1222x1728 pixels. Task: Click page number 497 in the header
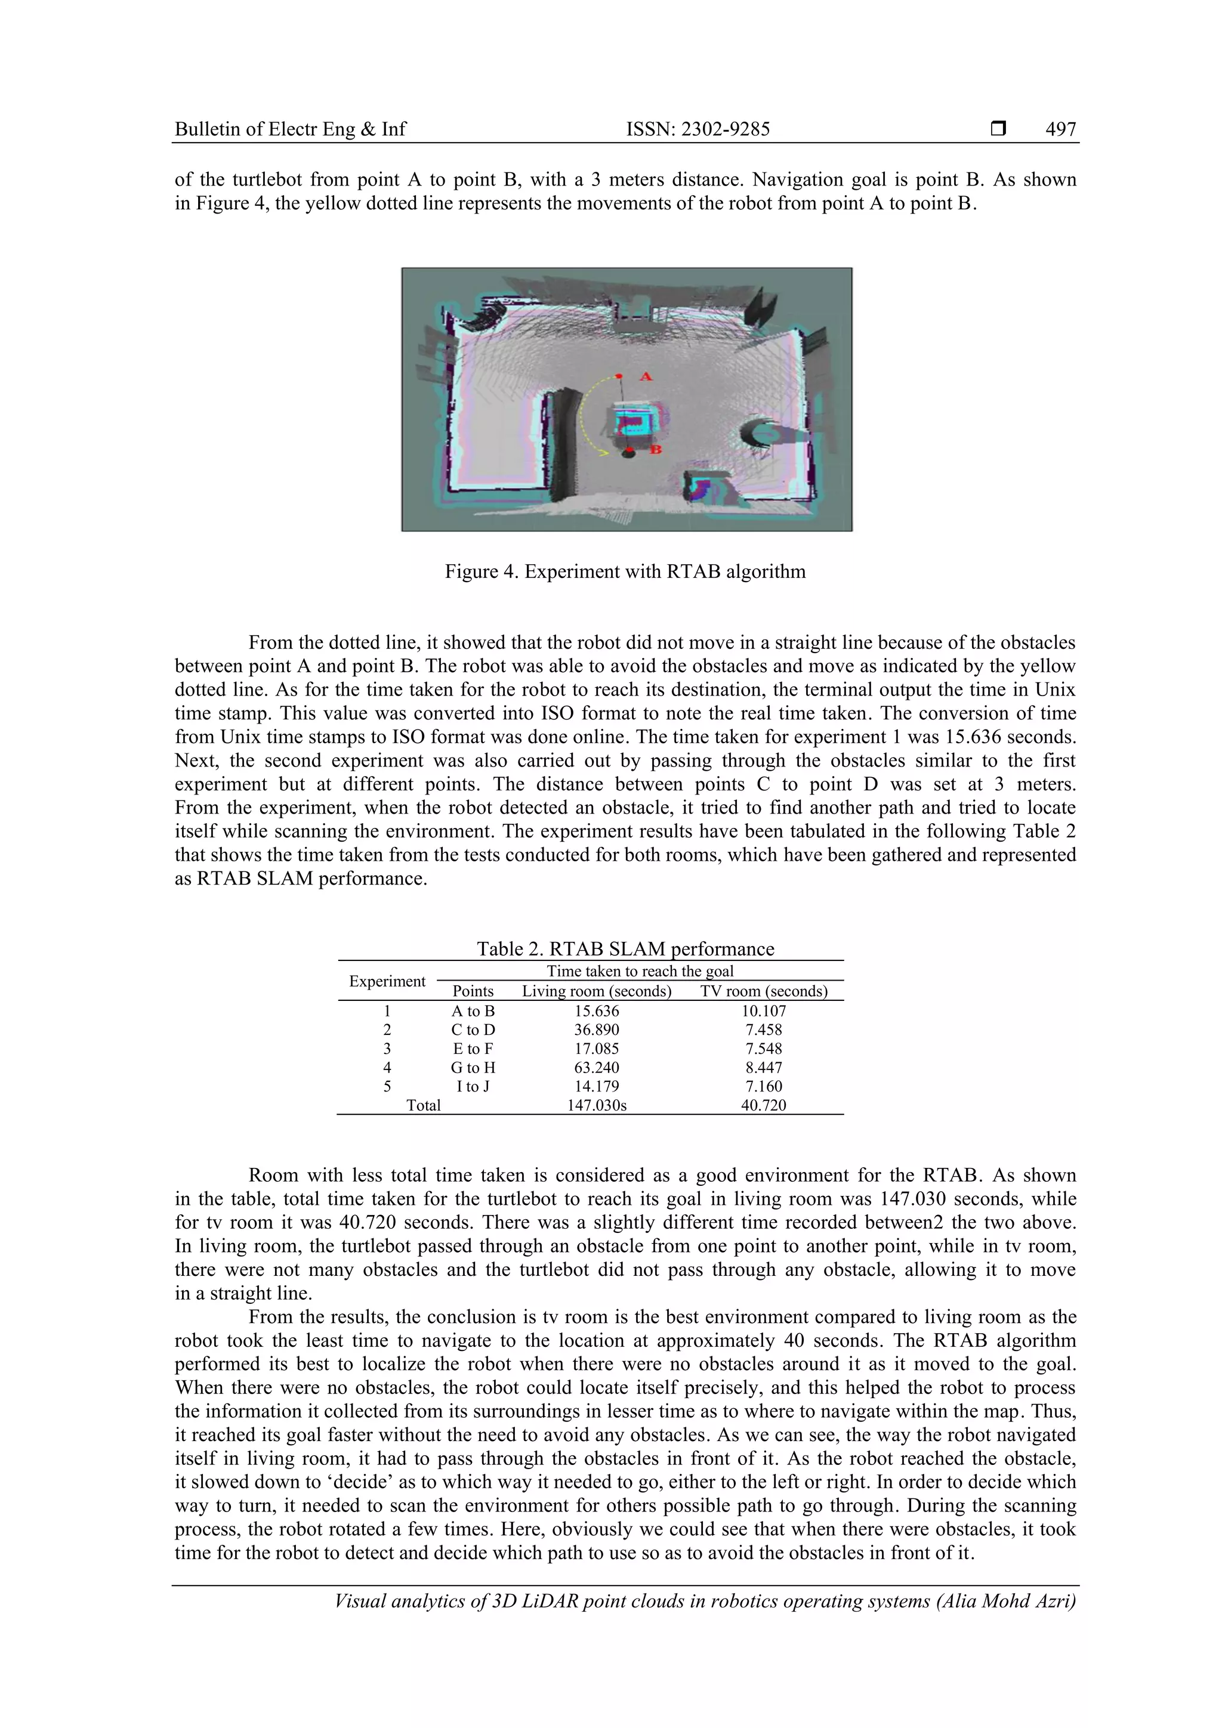coord(1060,129)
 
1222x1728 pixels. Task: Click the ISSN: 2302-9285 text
coord(698,129)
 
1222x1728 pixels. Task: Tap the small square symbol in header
coord(998,129)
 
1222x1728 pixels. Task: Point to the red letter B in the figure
coord(655,449)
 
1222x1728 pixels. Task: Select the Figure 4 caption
coord(625,571)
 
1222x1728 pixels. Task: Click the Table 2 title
coord(625,948)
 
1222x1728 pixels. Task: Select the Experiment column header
coord(387,981)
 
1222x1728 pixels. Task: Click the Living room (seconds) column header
coord(596,991)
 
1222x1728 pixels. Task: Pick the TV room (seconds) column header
coord(764,991)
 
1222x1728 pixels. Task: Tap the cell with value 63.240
coord(596,1067)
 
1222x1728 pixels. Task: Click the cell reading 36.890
coord(596,1030)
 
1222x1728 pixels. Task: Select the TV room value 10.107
coord(764,1011)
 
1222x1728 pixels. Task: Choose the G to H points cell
coord(473,1067)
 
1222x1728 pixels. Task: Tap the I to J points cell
coord(473,1086)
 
